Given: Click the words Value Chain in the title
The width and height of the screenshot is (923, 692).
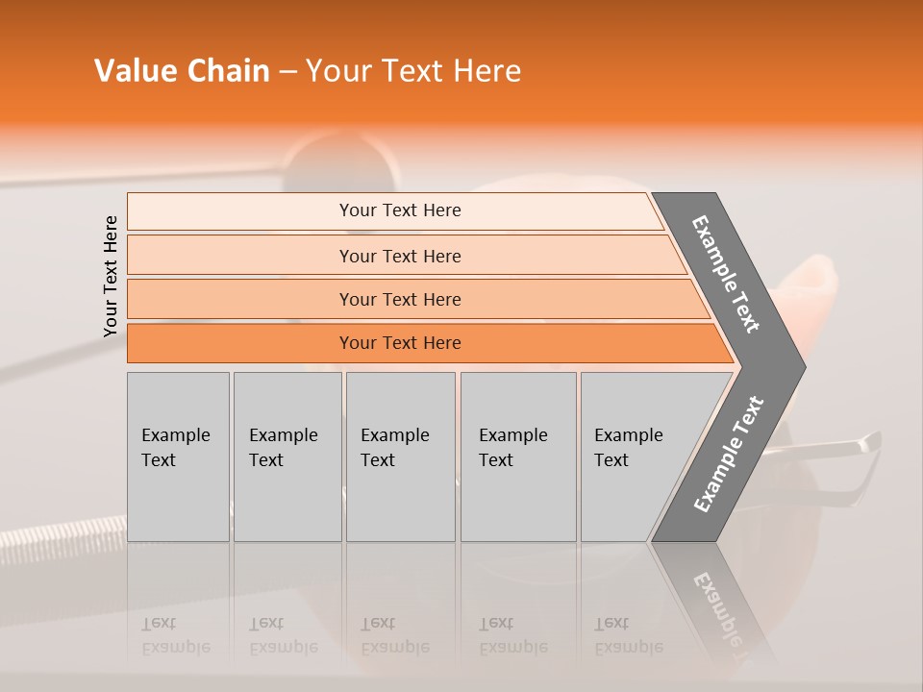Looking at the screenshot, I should point(182,71).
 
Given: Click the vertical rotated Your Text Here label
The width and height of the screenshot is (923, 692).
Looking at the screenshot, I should point(111,276).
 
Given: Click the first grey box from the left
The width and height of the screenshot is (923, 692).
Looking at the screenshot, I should point(178,457).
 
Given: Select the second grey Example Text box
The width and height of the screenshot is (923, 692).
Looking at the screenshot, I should point(287,457).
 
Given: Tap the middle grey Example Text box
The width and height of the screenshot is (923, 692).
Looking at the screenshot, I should point(400,457).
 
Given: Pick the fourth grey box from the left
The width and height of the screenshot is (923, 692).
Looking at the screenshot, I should point(518,457).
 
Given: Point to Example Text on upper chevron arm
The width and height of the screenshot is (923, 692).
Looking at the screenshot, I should point(726,274).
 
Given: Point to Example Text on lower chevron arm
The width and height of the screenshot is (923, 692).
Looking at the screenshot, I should point(728,455).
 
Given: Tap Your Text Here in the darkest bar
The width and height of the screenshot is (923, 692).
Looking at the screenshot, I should point(400,343).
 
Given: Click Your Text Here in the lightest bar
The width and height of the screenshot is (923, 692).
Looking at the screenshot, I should point(400,210).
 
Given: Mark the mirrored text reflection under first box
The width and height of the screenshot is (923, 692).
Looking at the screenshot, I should point(176,635).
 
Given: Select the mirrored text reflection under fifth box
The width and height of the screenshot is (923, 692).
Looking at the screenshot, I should point(628,635).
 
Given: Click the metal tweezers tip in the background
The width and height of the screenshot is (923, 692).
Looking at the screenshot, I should point(871,441).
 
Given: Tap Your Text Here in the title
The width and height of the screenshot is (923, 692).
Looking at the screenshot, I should point(413,71).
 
